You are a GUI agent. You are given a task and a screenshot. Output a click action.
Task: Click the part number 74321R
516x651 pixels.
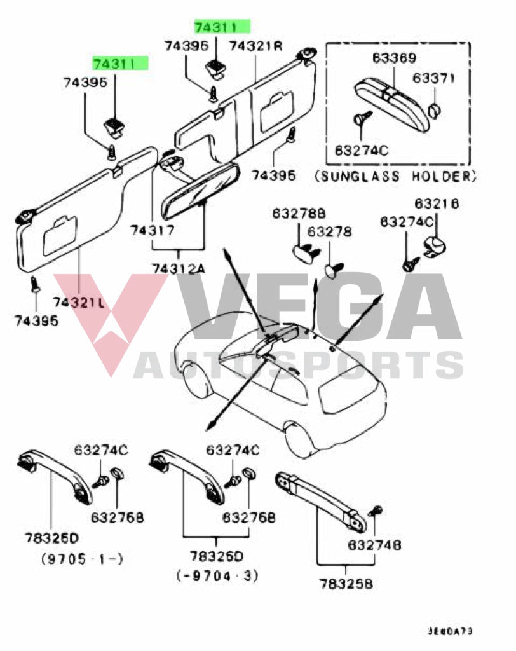pyautogui.click(x=255, y=46)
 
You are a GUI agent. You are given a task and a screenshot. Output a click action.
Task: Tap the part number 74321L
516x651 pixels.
pyautogui.click(x=79, y=302)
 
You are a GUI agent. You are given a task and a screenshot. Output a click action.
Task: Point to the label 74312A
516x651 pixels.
pyautogui.click(x=179, y=268)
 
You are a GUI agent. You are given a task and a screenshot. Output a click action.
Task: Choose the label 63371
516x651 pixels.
pyautogui.click(x=433, y=78)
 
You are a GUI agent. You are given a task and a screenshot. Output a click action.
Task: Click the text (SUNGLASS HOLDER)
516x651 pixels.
pyautogui.click(x=395, y=176)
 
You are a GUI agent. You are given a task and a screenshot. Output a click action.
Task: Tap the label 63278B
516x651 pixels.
pyautogui.click(x=299, y=213)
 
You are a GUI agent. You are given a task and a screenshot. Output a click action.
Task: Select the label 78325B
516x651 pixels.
pyautogui.click(x=346, y=583)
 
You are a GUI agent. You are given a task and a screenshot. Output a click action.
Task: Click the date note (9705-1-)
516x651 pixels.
pyautogui.click(x=82, y=559)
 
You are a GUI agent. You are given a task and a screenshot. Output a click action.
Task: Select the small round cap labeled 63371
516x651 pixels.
pyautogui.click(x=434, y=111)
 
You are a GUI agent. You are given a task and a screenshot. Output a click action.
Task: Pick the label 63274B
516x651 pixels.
pyautogui.click(x=374, y=545)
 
